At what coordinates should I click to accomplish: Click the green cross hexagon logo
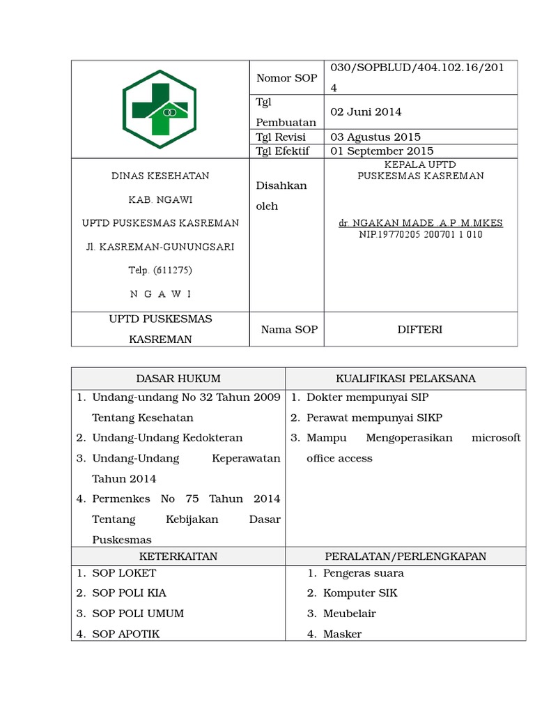coord(160,109)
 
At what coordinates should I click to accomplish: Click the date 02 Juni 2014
coord(366,112)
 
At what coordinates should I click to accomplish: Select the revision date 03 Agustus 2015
coord(375,137)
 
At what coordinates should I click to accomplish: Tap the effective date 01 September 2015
coord(382,151)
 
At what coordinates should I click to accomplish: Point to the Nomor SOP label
coord(286,78)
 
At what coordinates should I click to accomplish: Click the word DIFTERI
coord(420,329)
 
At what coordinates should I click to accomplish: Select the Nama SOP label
coord(289,329)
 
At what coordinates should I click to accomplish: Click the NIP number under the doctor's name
coord(420,235)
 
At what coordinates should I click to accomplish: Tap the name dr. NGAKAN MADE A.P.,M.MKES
coord(420,223)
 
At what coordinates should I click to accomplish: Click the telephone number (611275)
coord(160,270)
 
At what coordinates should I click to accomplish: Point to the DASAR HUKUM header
coord(178,379)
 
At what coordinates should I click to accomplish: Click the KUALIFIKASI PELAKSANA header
coord(405,379)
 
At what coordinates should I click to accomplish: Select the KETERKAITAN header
coord(178,556)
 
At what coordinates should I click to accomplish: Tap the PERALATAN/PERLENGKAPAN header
coord(405,556)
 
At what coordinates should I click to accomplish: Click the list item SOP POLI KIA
coord(129,593)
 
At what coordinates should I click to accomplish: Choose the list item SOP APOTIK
coord(126,634)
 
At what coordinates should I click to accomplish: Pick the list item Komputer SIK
coord(360,593)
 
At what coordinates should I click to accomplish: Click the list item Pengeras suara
coord(363,573)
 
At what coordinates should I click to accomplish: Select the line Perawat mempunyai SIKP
coord(374,418)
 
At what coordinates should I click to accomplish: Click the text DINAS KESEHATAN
coord(160,176)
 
